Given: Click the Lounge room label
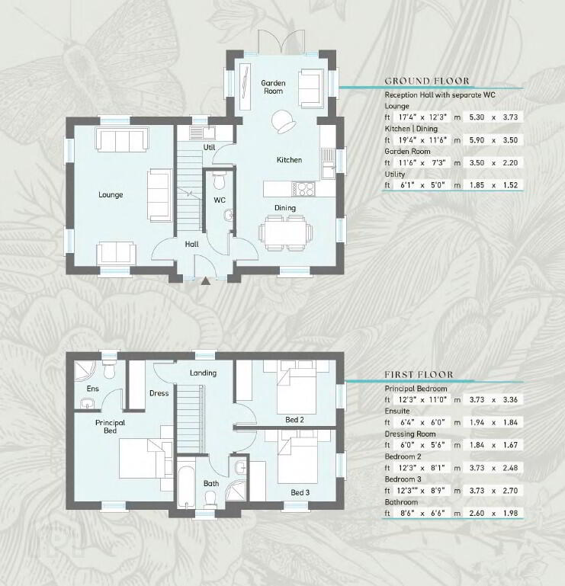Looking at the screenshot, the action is [x=111, y=195].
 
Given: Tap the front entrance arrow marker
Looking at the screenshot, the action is [x=205, y=281].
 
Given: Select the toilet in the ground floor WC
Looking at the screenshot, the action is [x=219, y=181].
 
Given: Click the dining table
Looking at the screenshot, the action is [x=285, y=232].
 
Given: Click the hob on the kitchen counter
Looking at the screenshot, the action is [x=303, y=189].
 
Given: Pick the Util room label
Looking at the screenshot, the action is [x=209, y=147].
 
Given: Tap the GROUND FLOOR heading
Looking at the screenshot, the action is [x=427, y=81].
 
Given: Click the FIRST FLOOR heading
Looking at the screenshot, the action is [x=419, y=374].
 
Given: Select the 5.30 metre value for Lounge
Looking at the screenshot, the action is [x=477, y=117].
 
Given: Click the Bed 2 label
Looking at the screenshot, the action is [x=294, y=420].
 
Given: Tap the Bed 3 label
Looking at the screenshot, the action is [x=300, y=492].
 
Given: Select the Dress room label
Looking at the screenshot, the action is [x=159, y=393].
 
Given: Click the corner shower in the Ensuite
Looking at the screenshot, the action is [x=85, y=371].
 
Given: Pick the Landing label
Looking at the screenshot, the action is [x=203, y=373].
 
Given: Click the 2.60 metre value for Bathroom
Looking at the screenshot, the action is [x=477, y=513].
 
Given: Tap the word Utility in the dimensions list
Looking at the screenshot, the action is [x=395, y=175].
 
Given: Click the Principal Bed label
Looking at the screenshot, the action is [x=110, y=427].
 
